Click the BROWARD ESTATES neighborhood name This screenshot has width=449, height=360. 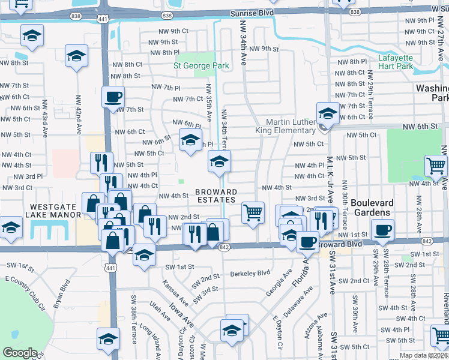[215, 196]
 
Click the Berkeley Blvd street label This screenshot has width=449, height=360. [250, 274]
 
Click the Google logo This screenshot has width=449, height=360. [20, 353]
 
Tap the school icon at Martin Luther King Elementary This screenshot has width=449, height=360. [328, 112]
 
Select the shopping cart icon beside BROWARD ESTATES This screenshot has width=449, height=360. [253, 211]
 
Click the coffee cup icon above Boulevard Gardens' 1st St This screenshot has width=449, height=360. [382, 229]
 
